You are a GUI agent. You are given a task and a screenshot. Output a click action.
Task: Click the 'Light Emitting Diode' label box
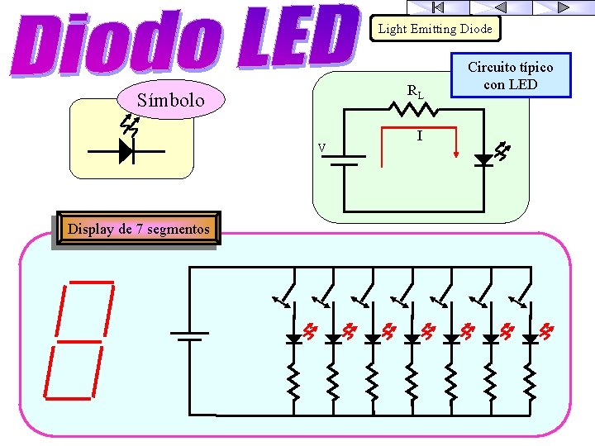pyautogui.click(x=435, y=29)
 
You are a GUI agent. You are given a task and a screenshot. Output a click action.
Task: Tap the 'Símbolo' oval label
pyautogui.click(x=172, y=101)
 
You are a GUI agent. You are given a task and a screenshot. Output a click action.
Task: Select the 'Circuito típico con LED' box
pyautogui.click(x=510, y=76)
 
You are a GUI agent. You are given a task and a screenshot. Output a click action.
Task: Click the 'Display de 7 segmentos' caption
pyautogui.click(x=138, y=229)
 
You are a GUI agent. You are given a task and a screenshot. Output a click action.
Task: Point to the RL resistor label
pyautogui.click(x=415, y=92)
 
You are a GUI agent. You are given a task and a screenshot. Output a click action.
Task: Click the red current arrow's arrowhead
pyautogui.click(x=456, y=151)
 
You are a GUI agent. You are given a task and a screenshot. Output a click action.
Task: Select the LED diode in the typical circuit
pyautogui.click(x=483, y=159)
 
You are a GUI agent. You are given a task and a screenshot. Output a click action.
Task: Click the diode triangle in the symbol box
pyautogui.click(x=126, y=151)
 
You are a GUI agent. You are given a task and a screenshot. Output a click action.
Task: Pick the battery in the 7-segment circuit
pyautogui.click(x=189, y=336)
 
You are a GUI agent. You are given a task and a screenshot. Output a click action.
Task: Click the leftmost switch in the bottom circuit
pyautogui.click(x=285, y=294)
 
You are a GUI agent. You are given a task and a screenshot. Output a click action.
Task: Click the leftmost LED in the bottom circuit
pyautogui.click(x=293, y=339)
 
